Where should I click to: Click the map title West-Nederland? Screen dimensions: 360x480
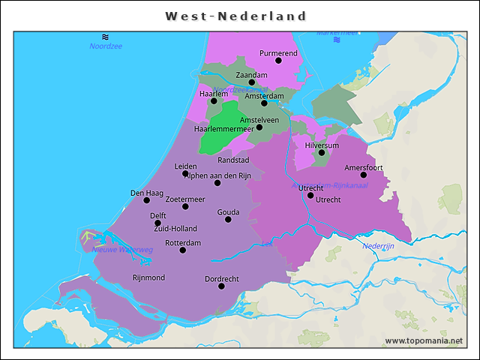click(236, 16)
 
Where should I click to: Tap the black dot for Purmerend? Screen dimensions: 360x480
click(278, 60)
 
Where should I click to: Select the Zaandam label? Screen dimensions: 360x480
click(251, 75)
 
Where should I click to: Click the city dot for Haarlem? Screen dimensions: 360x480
click(214, 100)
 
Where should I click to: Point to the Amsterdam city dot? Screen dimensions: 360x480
click(264, 103)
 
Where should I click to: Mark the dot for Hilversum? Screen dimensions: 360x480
click(321, 152)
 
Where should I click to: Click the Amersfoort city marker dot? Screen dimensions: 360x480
click(364, 175)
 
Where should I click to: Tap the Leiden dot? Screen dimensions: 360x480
click(185, 173)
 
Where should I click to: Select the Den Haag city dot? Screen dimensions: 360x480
click(147, 199)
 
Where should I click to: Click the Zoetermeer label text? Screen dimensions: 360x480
click(184, 199)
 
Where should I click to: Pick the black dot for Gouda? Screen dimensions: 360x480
click(228, 219)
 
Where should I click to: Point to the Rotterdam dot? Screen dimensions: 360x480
click(183, 250)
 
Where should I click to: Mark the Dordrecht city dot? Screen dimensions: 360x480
click(221, 286)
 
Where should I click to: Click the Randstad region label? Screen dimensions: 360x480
click(233, 160)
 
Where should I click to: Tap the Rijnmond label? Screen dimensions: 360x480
click(148, 277)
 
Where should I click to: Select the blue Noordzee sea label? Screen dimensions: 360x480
click(106, 46)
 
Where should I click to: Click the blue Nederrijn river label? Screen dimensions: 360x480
click(378, 246)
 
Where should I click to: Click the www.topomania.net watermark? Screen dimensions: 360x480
click(424, 340)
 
